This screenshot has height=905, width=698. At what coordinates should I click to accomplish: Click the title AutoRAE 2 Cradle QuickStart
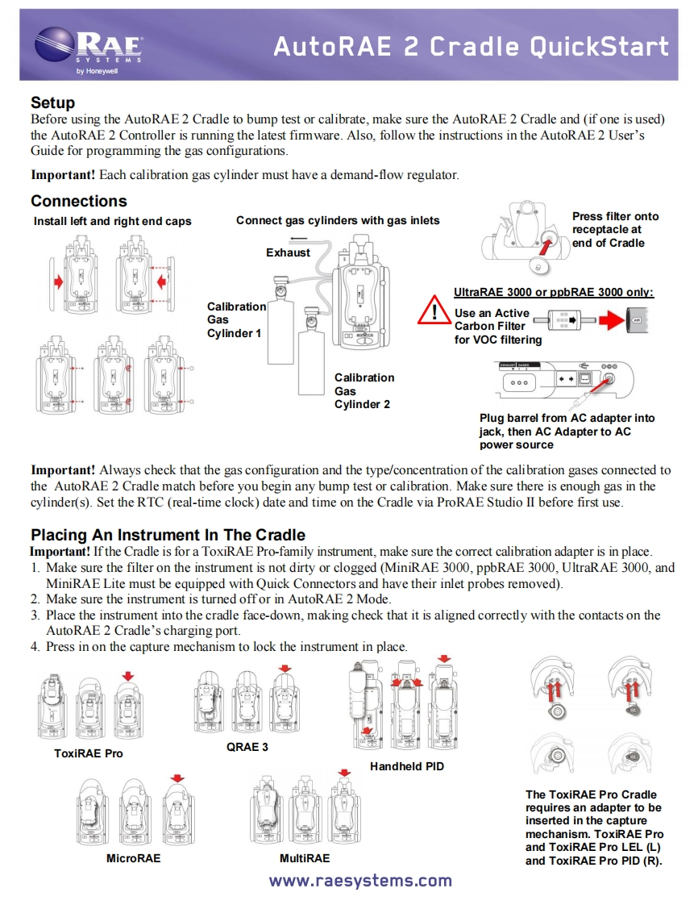(x=471, y=47)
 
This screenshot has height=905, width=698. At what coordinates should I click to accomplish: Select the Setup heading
(x=52, y=102)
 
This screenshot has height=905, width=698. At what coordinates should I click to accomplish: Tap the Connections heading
(x=78, y=201)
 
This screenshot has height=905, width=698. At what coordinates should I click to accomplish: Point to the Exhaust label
(x=288, y=252)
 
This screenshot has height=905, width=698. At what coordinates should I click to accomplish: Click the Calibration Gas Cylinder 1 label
(x=236, y=319)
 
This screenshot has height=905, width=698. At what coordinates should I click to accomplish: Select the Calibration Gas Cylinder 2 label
(x=364, y=390)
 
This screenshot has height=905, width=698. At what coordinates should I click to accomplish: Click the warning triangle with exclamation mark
(x=434, y=313)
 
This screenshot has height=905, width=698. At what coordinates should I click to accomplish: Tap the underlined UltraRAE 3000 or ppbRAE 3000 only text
(x=554, y=292)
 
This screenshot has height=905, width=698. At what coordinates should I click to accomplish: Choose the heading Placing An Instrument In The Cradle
(x=168, y=535)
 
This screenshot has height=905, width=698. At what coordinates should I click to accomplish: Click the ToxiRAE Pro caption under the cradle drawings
(x=89, y=753)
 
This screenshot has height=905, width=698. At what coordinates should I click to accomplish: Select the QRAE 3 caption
(x=247, y=747)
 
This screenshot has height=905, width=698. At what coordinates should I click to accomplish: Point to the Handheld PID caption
(x=407, y=766)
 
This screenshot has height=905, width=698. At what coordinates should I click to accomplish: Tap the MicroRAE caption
(x=134, y=858)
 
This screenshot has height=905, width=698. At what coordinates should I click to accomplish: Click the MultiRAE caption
(x=305, y=858)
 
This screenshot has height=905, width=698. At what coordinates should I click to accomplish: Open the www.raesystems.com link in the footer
(x=360, y=881)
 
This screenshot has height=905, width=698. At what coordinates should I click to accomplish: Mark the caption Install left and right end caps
(x=113, y=221)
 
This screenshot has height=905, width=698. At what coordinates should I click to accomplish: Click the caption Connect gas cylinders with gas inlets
(x=338, y=220)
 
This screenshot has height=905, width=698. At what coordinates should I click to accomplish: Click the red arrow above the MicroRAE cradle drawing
(x=177, y=778)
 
